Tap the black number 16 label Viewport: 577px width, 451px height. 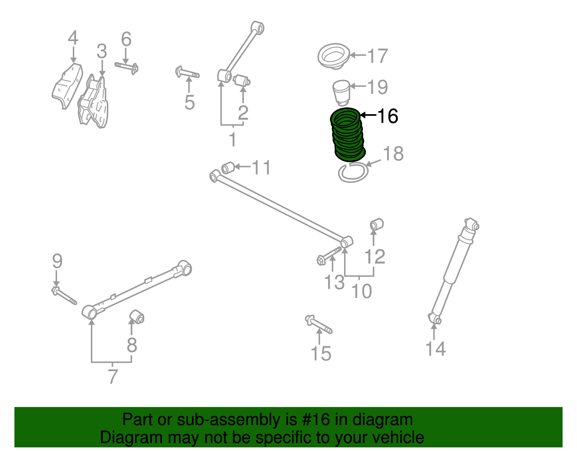pos(387,116)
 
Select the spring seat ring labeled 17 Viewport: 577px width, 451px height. pos(334,56)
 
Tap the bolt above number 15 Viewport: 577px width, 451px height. pos(318,324)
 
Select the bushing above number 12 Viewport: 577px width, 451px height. pos(377,224)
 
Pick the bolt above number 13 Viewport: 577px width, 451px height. pos(329,255)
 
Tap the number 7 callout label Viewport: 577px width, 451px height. pos(113,377)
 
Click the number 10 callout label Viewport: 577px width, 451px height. pos(361,291)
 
